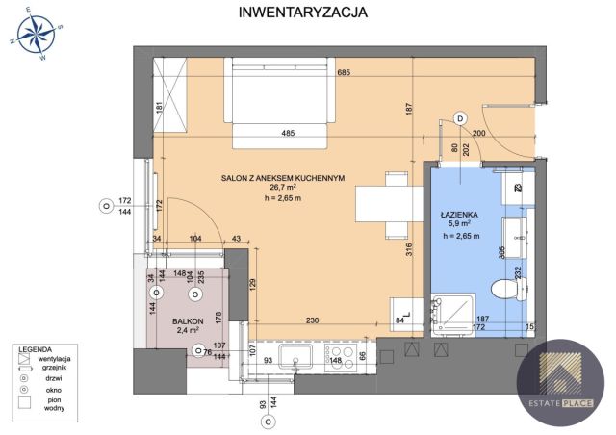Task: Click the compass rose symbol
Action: coord(36,35)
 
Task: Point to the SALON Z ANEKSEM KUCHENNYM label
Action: coord(282,176)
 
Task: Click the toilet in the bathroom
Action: coord(503,288)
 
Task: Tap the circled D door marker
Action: coord(460,118)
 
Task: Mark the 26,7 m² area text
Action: coord(282,188)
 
